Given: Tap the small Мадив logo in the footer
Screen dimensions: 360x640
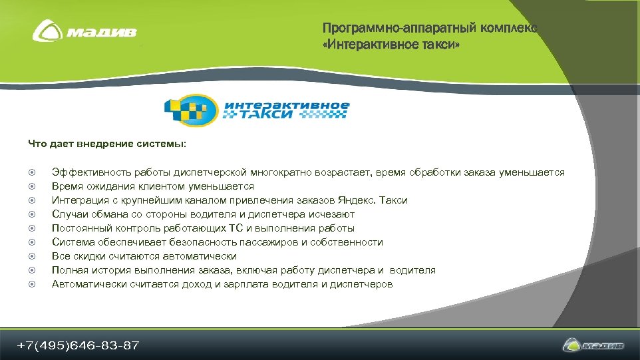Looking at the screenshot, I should (x=593, y=345).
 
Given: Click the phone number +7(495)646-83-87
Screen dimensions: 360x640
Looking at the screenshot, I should (x=78, y=345).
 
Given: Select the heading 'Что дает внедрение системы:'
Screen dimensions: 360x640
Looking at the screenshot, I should (x=107, y=143).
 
